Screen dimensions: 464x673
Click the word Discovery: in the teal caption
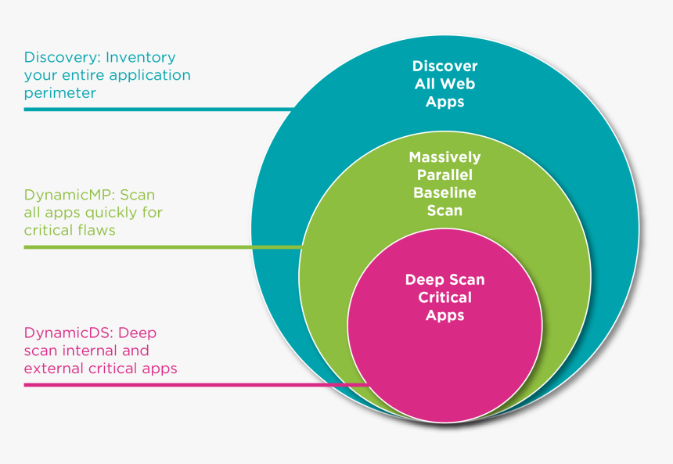click(62, 57)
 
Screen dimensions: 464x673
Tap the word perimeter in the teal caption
click(59, 93)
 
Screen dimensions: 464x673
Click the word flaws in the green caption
click(95, 230)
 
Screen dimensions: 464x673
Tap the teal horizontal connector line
click(157, 109)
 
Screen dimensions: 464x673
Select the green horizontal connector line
click(157, 246)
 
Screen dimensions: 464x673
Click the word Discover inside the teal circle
click(444, 67)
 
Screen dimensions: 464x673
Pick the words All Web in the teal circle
click(444, 85)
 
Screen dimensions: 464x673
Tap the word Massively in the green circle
click(444, 157)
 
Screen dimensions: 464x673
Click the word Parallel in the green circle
click(444, 175)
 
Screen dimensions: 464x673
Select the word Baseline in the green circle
click(444, 192)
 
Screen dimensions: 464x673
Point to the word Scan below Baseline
click(444, 210)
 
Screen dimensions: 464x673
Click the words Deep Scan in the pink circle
click(444, 279)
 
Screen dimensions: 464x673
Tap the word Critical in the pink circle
click(444, 297)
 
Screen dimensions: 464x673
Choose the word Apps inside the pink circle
click(444, 315)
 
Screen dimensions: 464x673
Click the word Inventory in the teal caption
click(141, 57)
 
